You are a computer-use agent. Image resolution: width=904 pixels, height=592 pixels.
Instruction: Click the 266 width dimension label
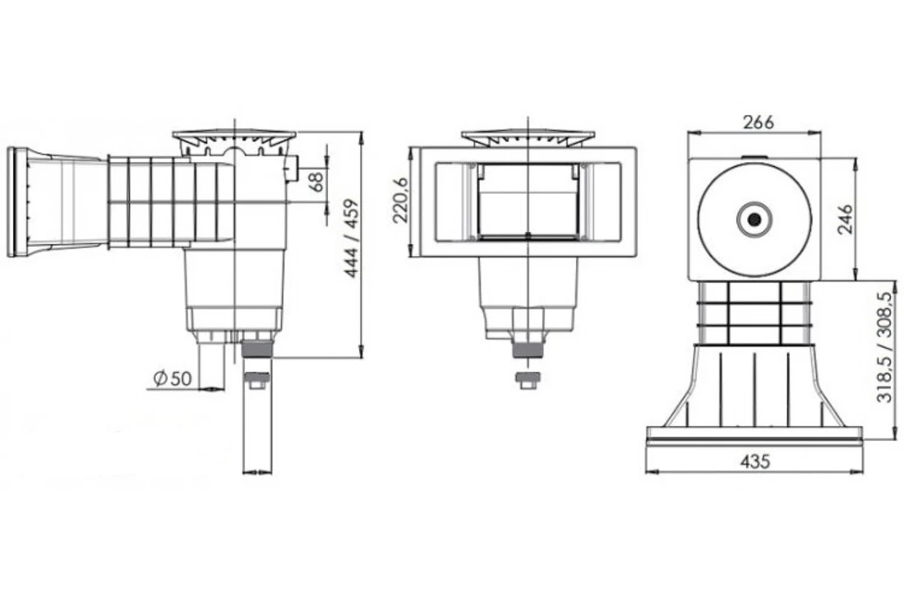click(758, 123)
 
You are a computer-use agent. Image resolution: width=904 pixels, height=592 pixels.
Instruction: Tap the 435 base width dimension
click(754, 461)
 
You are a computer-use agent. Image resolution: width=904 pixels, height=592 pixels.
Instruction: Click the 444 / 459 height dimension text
click(351, 238)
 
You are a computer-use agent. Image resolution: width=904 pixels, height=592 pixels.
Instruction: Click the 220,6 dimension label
click(400, 201)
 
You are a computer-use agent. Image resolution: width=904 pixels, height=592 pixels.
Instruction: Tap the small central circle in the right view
click(754, 219)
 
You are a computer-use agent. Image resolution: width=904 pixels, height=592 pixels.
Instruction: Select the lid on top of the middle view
click(528, 136)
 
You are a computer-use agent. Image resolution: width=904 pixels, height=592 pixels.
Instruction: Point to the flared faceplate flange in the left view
click(18, 201)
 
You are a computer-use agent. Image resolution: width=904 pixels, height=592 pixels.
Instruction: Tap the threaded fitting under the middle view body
click(528, 347)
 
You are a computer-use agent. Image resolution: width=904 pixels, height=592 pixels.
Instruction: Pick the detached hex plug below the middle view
click(528, 381)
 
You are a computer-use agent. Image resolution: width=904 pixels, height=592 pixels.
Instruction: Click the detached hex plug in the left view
click(257, 381)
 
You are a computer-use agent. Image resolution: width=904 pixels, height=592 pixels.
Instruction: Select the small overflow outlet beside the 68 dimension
click(291, 171)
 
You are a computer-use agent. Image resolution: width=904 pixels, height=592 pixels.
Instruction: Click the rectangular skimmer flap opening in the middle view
click(528, 201)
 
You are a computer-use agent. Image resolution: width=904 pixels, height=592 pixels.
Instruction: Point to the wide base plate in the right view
click(754, 435)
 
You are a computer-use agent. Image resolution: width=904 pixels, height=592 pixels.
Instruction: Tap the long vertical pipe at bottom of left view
click(257, 432)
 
